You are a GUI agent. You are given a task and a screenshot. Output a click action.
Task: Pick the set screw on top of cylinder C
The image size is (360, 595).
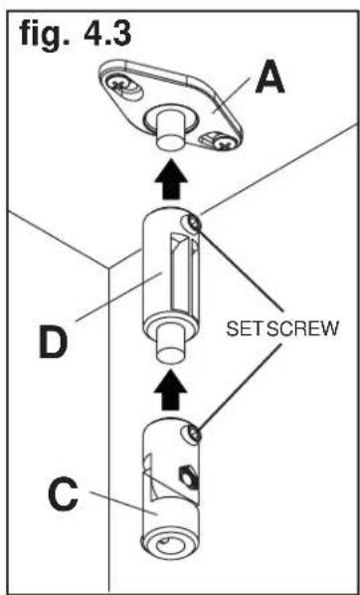click(197, 433)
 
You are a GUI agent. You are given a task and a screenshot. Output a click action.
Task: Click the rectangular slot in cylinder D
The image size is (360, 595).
click(184, 273)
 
